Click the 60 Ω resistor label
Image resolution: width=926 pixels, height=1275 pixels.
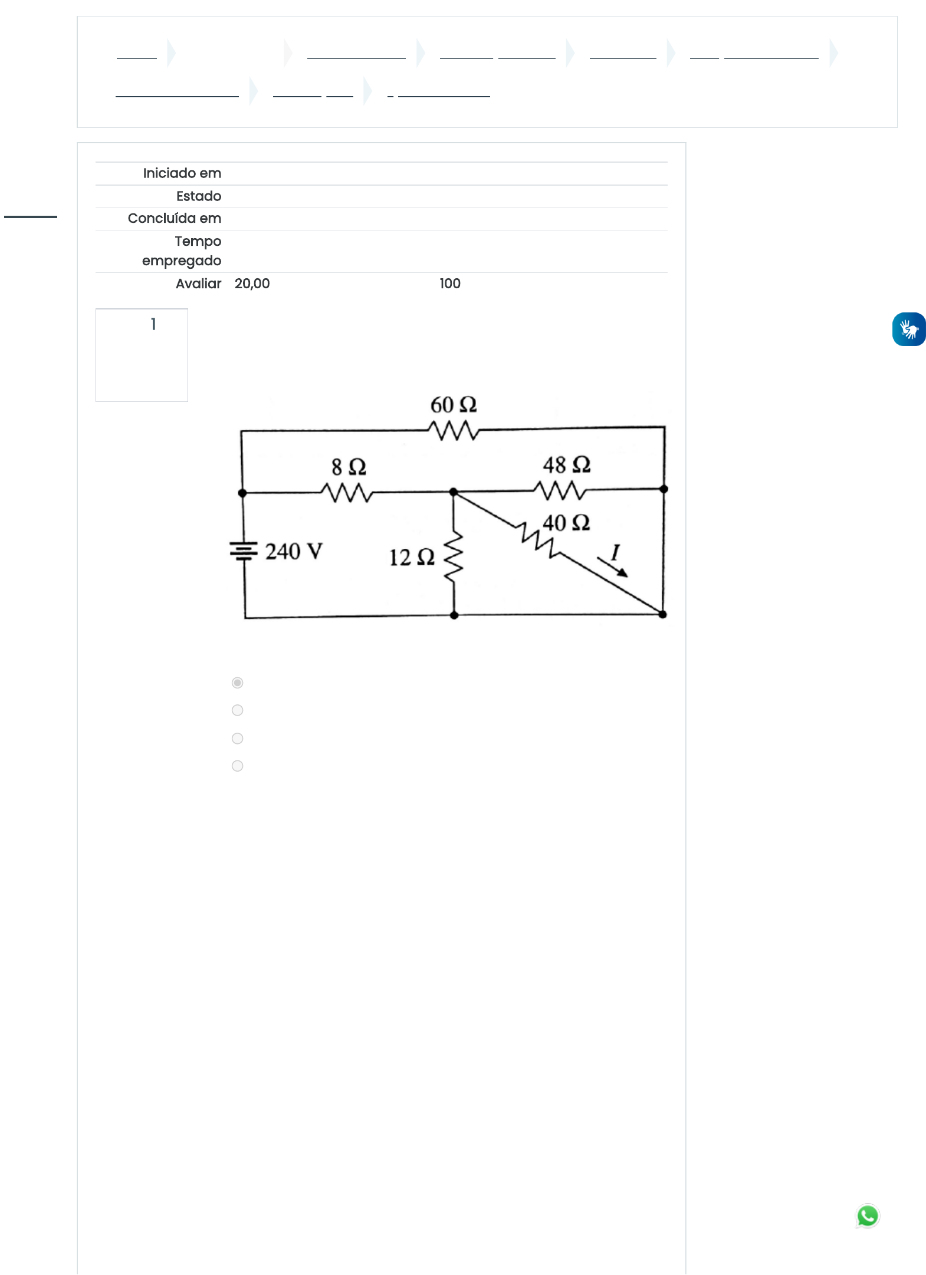point(453,405)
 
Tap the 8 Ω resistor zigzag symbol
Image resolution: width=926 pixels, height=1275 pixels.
point(347,492)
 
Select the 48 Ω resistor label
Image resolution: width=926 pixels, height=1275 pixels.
point(566,464)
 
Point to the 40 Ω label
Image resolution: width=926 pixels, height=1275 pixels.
point(566,522)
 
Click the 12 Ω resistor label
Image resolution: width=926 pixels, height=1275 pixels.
point(412,557)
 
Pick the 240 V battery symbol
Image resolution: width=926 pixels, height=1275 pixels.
point(244,551)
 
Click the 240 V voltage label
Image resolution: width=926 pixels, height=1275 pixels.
point(294,552)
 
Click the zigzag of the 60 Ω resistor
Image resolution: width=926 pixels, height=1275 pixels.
point(454,430)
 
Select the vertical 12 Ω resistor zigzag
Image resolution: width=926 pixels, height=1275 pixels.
point(454,557)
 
